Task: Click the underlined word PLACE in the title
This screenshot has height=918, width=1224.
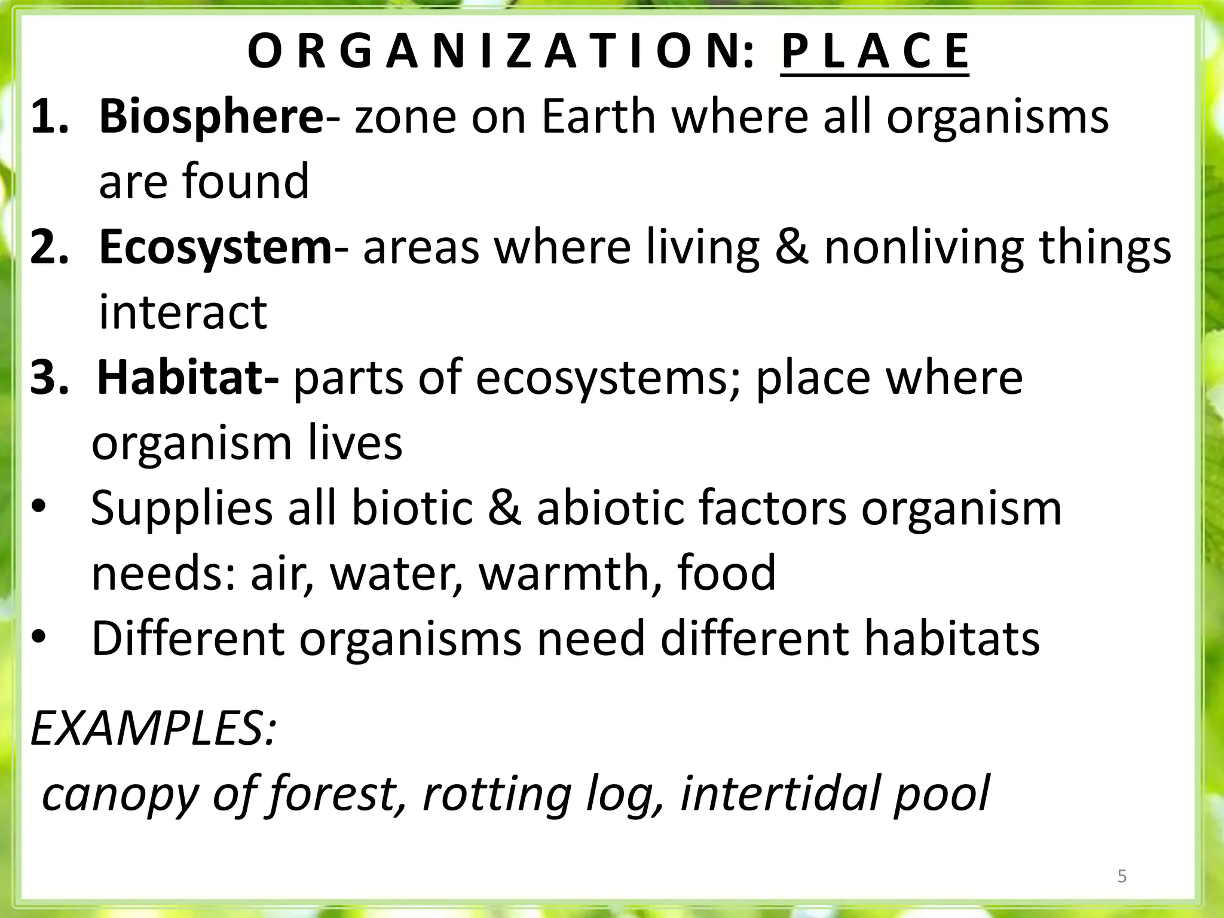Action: [x=874, y=53]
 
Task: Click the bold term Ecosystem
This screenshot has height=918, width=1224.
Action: [x=215, y=247]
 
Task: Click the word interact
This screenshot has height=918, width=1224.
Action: [x=183, y=313]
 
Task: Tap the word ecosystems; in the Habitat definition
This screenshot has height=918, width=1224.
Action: [x=608, y=378]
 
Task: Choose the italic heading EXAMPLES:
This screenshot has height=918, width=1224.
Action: [x=154, y=730]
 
